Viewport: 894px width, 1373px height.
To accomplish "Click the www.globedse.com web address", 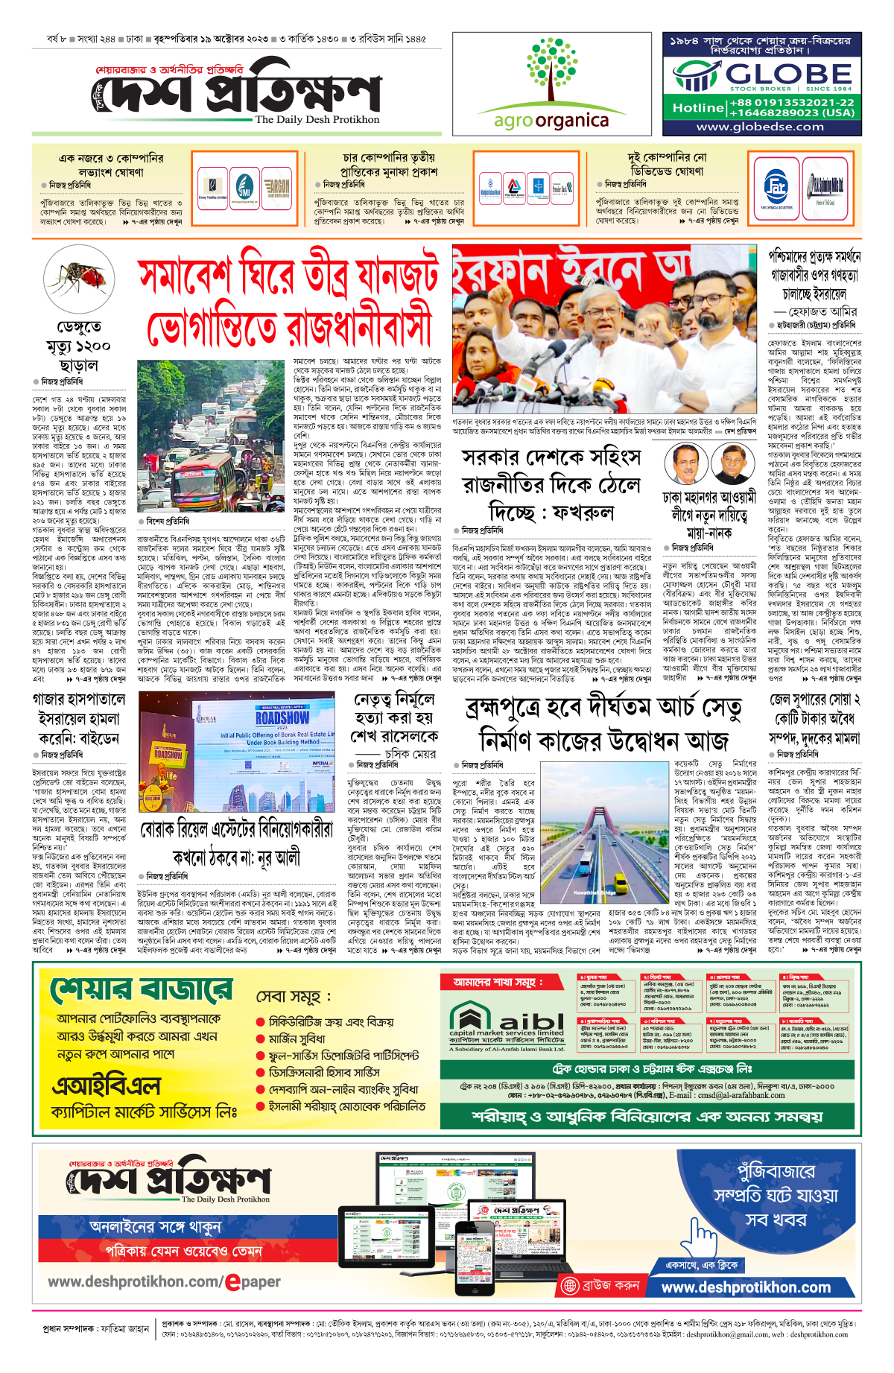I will pyautogui.click(x=760, y=127).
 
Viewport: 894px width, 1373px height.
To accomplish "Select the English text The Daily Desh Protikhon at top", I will pyautogui.click(x=317, y=119).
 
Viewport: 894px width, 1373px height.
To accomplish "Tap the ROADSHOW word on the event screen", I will pyautogui.click(x=282, y=718).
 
